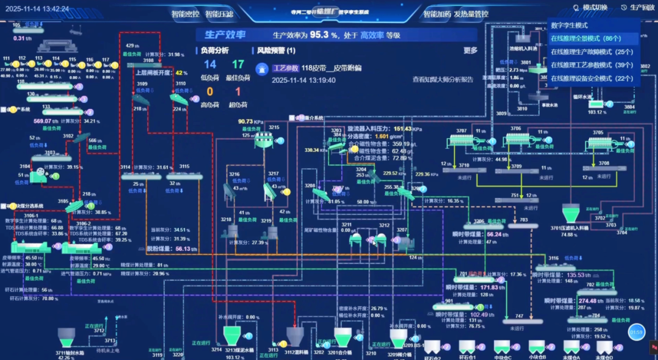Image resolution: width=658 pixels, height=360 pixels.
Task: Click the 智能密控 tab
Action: (x=185, y=13)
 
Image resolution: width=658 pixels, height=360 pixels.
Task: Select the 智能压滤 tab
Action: (x=219, y=13)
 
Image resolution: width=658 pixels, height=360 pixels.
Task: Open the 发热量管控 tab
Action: (x=472, y=13)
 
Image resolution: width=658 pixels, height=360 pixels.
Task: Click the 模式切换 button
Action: (x=590, y=8)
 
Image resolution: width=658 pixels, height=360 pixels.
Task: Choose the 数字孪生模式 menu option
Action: (x=569, y=26)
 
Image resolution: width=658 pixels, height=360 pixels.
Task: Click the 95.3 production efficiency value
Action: (x=320, y=35)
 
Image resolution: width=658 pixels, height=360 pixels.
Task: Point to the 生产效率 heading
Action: (x=225, y=35)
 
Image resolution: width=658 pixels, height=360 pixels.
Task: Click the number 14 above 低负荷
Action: (x=210, y=65)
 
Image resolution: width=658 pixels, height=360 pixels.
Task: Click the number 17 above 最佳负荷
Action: (x=238, y=65)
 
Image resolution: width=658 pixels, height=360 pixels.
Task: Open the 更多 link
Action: (x=470, y=51)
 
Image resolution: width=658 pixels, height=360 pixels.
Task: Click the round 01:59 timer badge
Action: (x=637, y=332)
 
